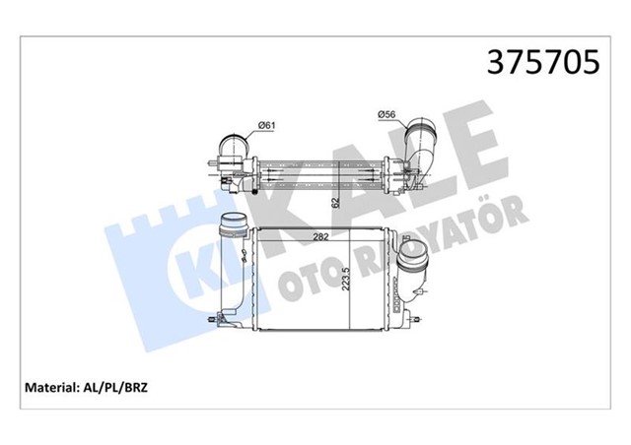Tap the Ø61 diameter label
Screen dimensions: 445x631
[x=265, y=123]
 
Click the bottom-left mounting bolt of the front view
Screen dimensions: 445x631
[x=215, y=320]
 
